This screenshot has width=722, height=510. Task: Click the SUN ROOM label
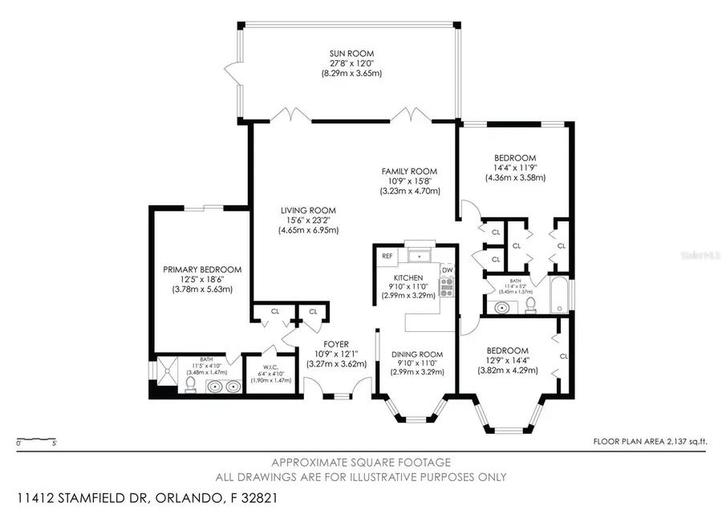pos(347,54)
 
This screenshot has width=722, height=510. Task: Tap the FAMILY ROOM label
pos(408,171)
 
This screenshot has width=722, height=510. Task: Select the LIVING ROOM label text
pos(308,209)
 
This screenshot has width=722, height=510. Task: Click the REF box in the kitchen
pos(387,257)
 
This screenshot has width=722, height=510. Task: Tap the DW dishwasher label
pos(447,270)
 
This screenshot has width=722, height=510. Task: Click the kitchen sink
pos(420,256)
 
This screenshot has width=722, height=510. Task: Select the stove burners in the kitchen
pos(447,285)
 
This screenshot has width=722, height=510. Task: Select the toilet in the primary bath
pos(191,386)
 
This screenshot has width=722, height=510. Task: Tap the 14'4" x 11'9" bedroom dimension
pos(515,168)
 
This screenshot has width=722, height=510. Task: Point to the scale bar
pos(36,440)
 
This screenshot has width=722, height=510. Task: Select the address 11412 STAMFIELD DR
pos(84,497)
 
